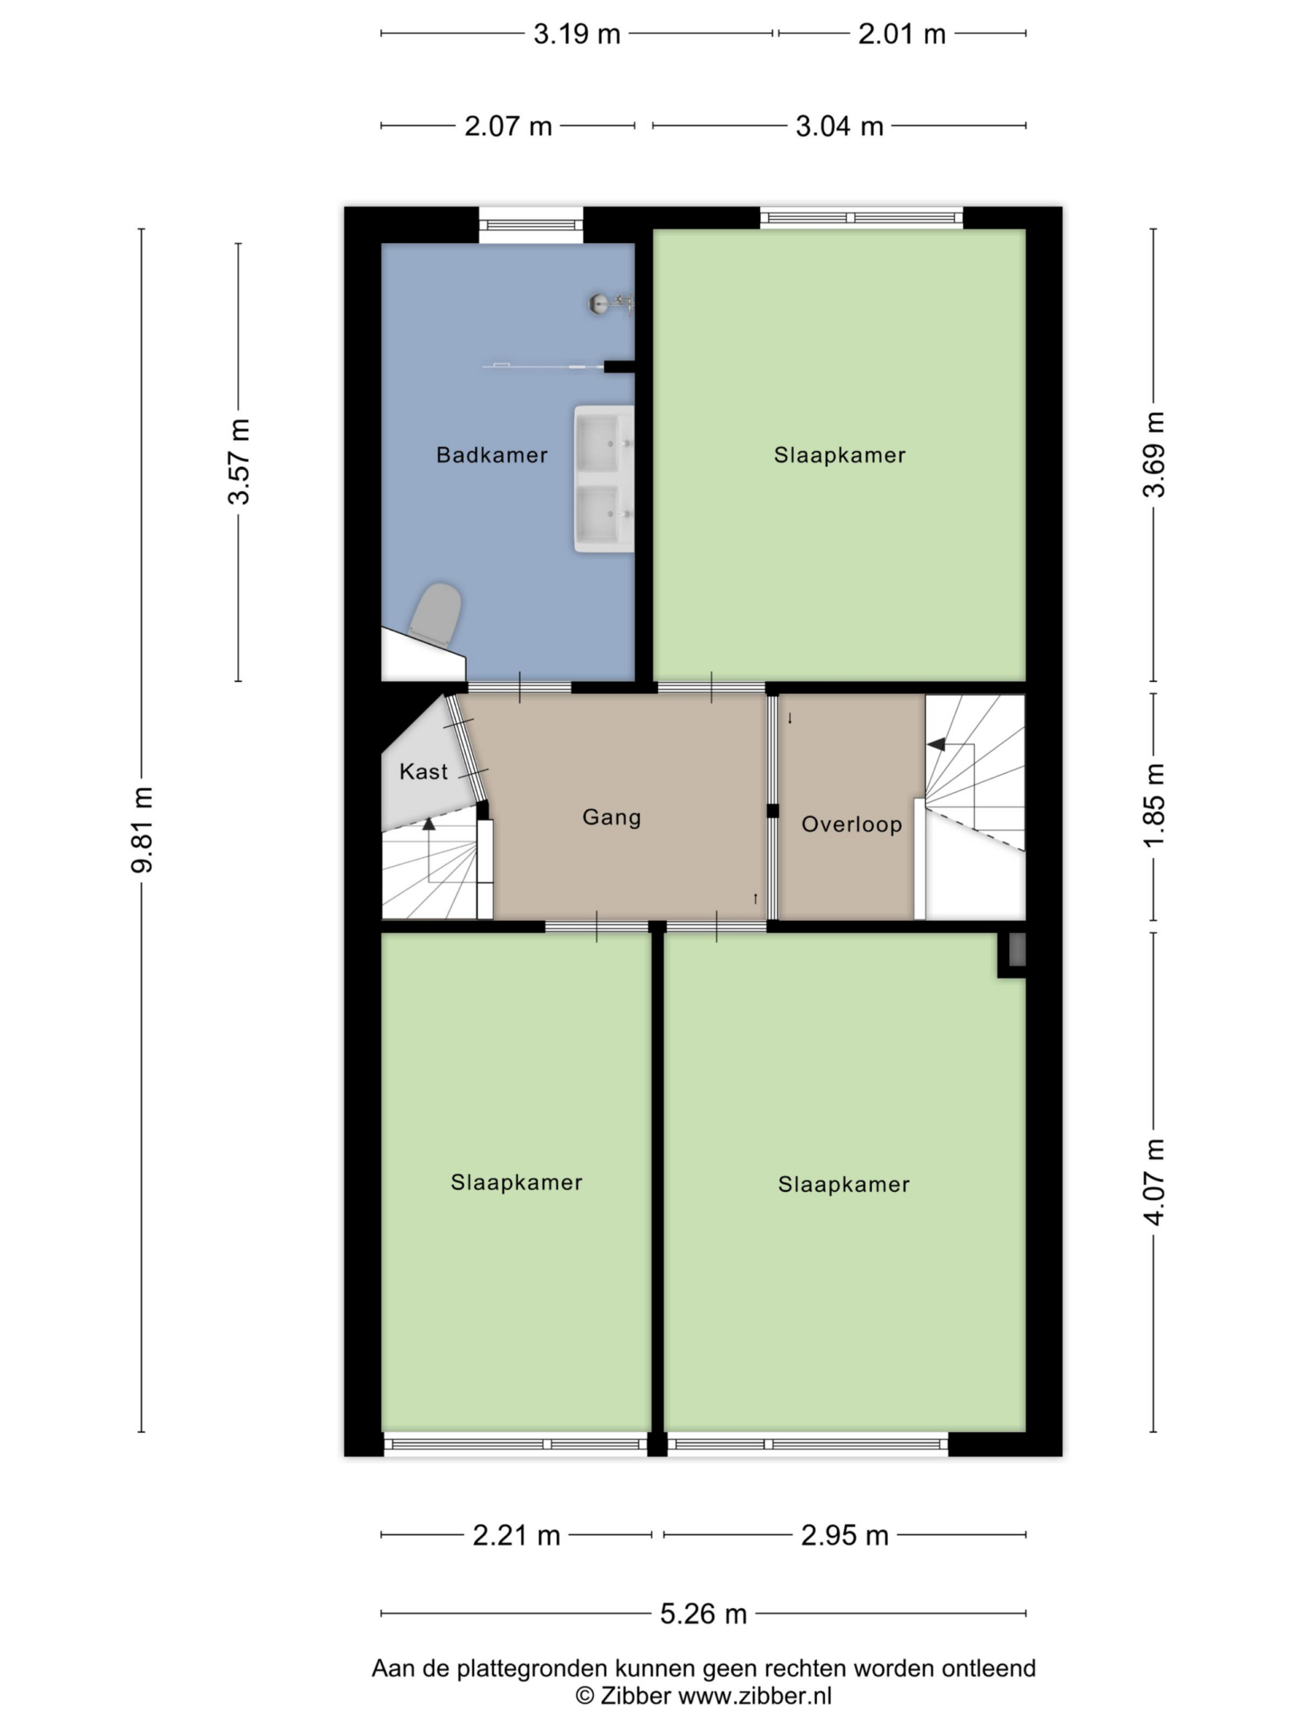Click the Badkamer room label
tap(492, 455)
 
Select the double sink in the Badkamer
tap(604, 479)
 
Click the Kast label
tap(424, 772)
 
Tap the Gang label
tap(612, 817)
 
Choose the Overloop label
tap(851, 824)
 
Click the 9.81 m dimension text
tap(142, 829)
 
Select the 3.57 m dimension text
tap(238, 461)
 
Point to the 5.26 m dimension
tap(703, 1613)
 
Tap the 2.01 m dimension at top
tap(902, 34)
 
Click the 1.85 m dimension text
tap(1154, 805)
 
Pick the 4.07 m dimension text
tap(1154, 1182)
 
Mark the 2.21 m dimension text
tap(516, 1535)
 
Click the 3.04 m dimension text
tap(839, 126)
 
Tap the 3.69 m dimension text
tap(1154, 454)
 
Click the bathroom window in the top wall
tap(531, 225)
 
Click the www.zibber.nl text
tap(755, 1695)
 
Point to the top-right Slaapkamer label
tap(839, 455)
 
